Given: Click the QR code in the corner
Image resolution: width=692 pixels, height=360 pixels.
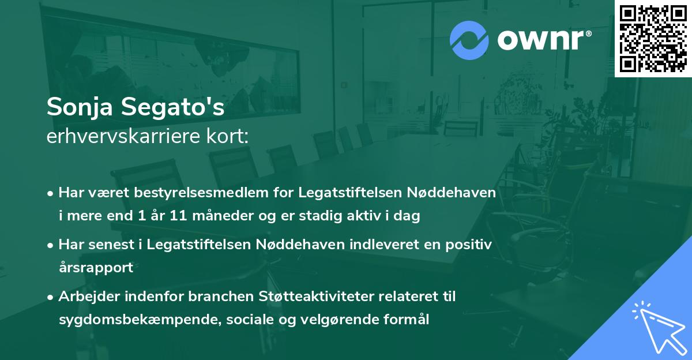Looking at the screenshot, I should (x=653, y=39).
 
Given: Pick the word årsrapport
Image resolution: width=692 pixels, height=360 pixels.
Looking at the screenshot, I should (x=96, y=268).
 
